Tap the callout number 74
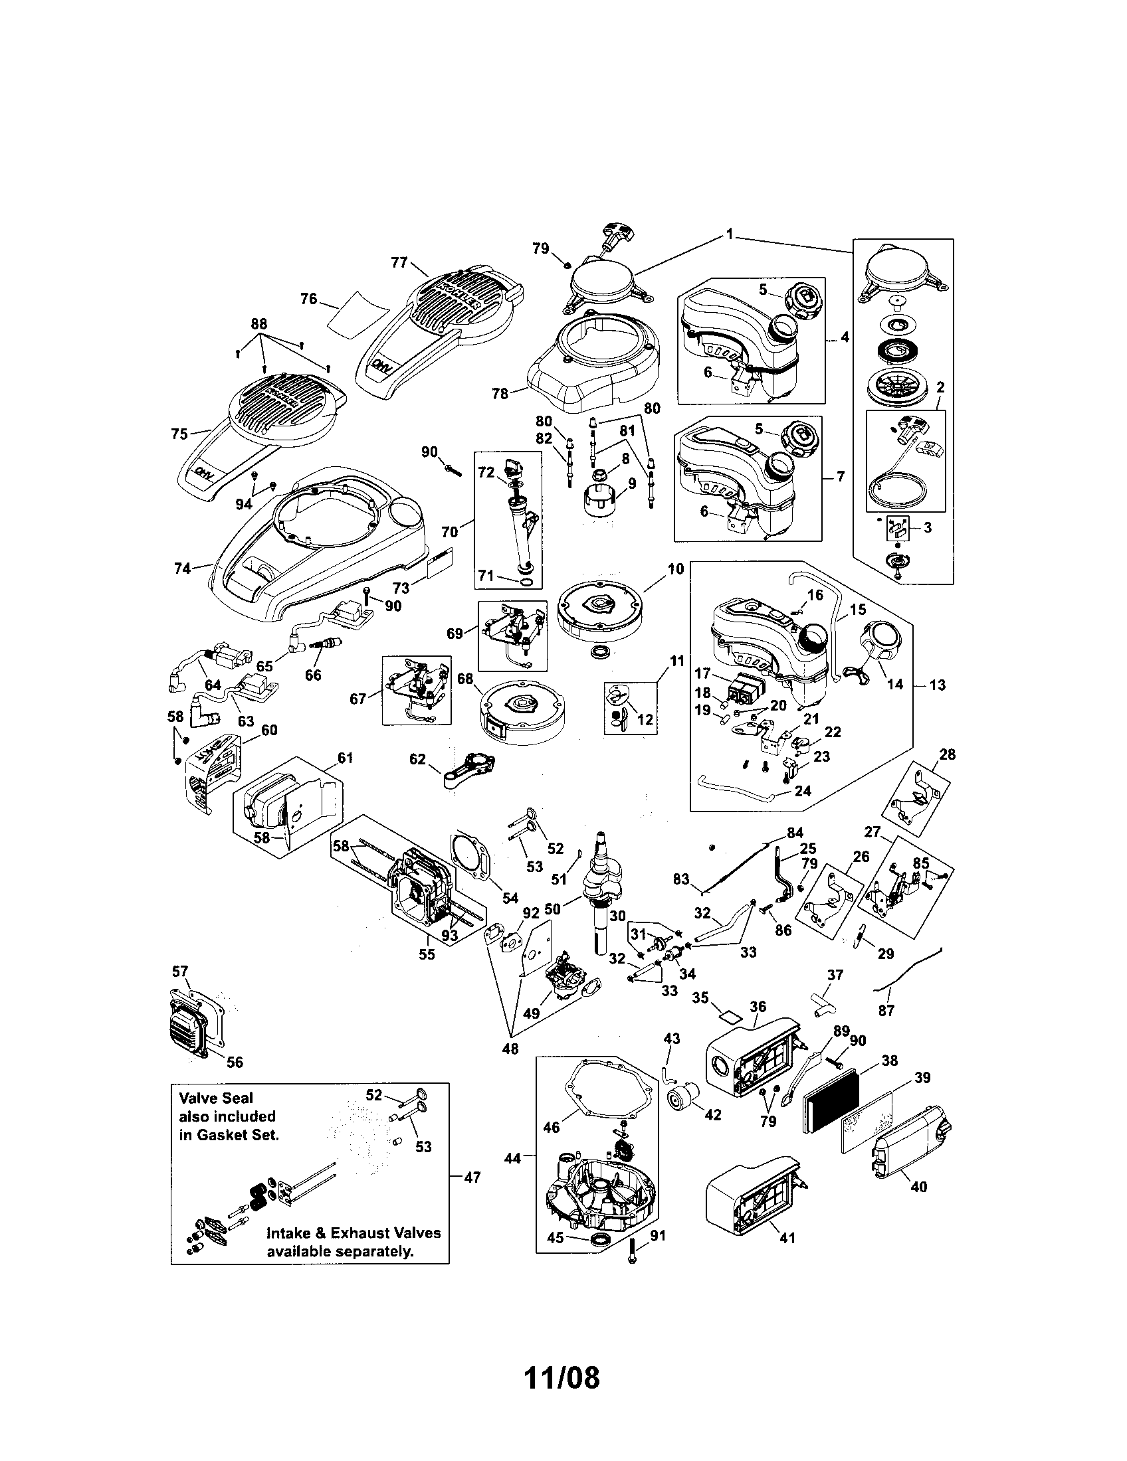point(182,568)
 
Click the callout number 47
point(472,1177)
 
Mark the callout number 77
point(399,262)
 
